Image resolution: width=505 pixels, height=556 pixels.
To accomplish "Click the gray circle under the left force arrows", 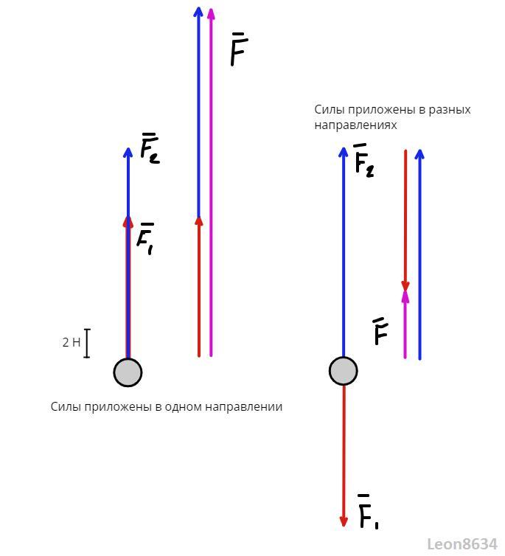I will pos(128,372).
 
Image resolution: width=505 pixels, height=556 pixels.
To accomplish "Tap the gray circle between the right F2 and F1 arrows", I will pos(343,371).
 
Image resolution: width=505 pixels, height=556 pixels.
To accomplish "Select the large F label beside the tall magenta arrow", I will pos(239,49).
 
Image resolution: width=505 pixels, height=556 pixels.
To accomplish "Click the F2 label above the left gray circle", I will pos(150,149).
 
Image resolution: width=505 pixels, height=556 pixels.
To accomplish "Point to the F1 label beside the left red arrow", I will pos(146,239).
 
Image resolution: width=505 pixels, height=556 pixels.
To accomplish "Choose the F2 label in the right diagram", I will pos(363,161).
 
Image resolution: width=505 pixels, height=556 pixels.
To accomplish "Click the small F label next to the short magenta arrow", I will pos(380,333).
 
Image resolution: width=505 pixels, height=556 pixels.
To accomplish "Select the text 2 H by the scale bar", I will pos(72,342).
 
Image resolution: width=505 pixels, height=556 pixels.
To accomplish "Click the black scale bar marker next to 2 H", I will pos(87,343).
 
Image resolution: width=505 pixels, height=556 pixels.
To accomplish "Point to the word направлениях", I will pos(355,125).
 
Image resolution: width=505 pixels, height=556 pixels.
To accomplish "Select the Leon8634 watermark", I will pos(462,544).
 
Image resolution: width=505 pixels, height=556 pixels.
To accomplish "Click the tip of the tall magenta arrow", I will pos(212,10).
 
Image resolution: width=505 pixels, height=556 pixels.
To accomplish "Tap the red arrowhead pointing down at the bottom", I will pos(344,521).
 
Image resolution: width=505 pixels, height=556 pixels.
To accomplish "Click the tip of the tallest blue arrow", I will pos(198,9).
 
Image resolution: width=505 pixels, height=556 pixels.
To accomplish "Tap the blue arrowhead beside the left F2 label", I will pos(128,152).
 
